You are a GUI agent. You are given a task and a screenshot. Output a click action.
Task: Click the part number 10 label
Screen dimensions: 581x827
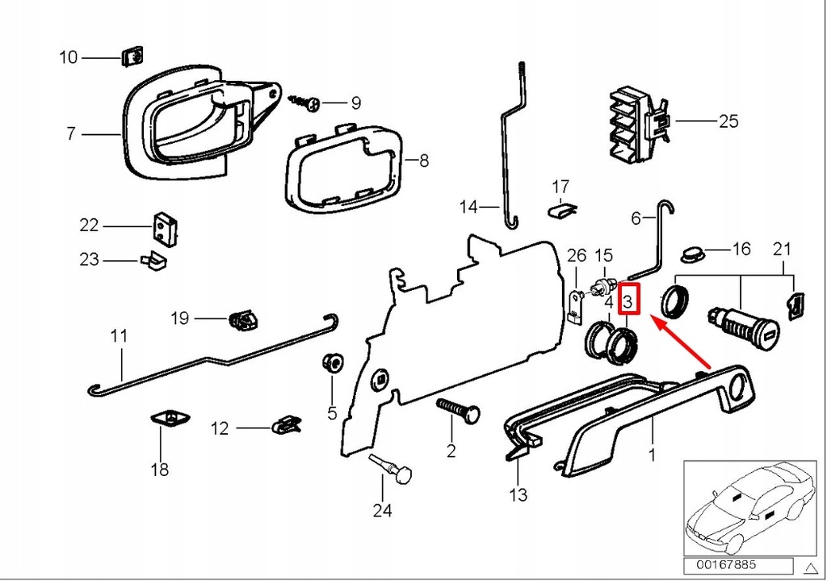(x=69, y=57)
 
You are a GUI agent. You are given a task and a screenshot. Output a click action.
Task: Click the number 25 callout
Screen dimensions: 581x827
(x=728, y=122)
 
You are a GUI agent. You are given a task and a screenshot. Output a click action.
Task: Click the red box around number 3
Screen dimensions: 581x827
(x=629, y=301)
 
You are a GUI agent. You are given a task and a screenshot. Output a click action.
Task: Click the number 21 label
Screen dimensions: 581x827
(x=782, y=248)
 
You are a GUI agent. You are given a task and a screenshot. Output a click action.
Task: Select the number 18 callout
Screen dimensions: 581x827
(x=160, y=469)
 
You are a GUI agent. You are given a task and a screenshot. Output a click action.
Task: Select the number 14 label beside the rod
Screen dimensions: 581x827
(x=469, y=207)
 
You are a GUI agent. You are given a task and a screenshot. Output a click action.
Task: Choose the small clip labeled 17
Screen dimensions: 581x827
(x=563, y=210)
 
